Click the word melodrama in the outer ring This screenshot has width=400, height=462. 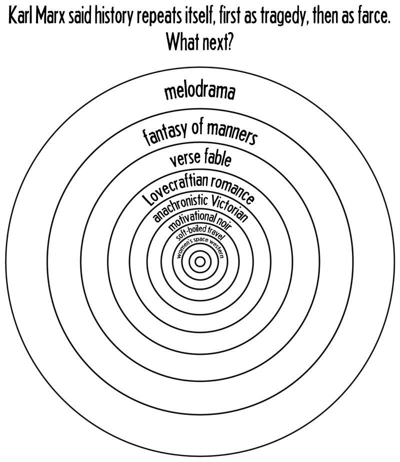200,93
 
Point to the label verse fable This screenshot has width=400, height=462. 200,159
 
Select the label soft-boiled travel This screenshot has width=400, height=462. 200,233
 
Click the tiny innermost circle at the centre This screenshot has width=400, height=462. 200,261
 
